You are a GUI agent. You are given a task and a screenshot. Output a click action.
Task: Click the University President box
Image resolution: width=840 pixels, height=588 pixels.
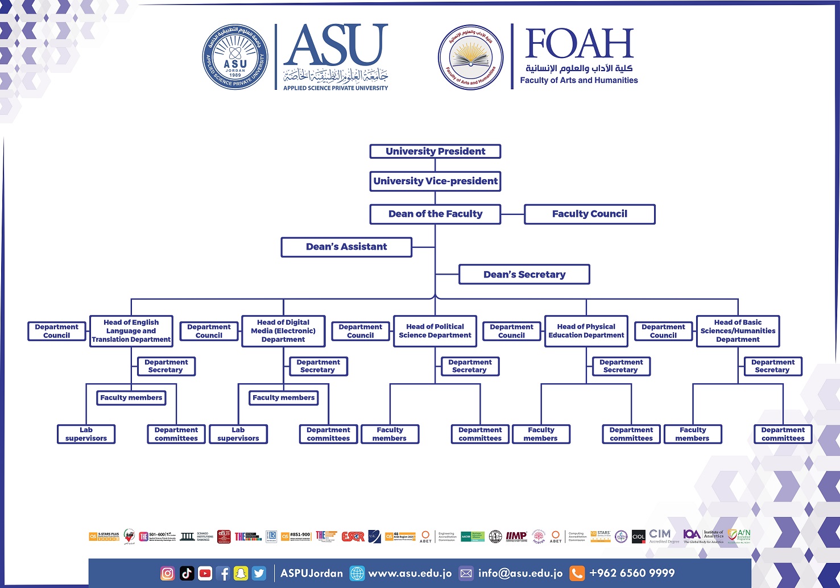(435, 151)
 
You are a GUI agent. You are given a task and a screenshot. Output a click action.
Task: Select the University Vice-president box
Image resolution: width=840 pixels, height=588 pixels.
(435, 181)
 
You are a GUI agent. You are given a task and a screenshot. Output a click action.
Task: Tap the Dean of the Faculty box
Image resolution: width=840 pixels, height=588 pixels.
(435, 214)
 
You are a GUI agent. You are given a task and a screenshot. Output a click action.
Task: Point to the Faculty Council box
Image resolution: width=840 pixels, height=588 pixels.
(590, 214)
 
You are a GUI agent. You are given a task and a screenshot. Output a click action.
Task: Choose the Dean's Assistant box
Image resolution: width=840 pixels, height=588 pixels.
(346, 247)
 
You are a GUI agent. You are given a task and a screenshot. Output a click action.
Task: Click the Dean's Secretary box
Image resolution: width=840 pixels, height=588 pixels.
(524, 275)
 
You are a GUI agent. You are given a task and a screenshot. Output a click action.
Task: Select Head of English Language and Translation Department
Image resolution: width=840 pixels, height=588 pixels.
(131, 331)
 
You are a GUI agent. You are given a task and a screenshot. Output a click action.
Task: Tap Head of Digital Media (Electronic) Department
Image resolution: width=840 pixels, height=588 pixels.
(283, 331)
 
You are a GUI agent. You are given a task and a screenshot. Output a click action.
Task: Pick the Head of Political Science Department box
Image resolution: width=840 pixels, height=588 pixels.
(435, 331)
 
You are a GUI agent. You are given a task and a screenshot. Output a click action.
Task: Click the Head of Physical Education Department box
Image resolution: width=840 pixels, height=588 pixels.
(586, 331)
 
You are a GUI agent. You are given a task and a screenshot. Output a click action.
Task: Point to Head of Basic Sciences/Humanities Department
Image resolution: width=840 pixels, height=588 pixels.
(738, 331)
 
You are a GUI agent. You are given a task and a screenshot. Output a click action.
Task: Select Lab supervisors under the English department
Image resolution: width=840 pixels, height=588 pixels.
(86, 434)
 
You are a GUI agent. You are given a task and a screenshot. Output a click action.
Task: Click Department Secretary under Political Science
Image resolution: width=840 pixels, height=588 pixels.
(470, 366)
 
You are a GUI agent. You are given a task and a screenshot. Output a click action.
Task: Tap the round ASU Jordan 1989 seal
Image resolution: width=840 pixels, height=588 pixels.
(235, 57)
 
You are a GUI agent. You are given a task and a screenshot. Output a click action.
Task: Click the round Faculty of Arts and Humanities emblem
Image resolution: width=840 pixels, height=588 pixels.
(470, 57)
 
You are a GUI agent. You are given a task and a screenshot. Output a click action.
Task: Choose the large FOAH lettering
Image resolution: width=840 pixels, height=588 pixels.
(579, 44)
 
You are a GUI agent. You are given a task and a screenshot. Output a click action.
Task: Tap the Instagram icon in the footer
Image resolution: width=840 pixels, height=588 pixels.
(168, 573)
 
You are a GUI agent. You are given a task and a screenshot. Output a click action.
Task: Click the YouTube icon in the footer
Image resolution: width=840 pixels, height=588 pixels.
(205, 573)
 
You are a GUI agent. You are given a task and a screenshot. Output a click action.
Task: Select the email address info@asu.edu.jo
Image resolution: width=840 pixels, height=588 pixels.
(520, 573)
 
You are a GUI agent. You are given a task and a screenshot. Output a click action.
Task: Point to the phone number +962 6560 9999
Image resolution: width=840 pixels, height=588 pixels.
(632, 573)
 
